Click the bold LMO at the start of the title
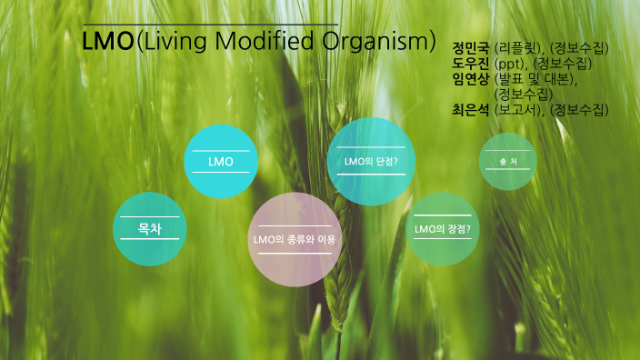click(x=107, y=42)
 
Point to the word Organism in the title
click(x=370, y=42)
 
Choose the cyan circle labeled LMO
click(x=221, y=162)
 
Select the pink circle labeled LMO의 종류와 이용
click(x=294, y=239)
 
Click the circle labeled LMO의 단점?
click(x=365, y=161)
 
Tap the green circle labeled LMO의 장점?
click(x=442, y=229)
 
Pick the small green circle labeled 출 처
click(x=507, y=162)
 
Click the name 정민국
click(x=471, y=47)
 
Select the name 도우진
click(x=471, y=64)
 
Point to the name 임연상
click(x=471, y=79)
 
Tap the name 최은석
click(x=471, y=110)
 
